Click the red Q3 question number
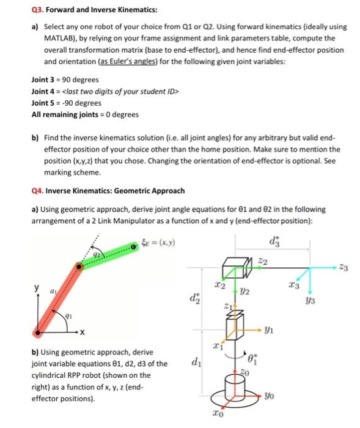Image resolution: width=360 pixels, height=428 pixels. pyautogui.click(x=37, y=10)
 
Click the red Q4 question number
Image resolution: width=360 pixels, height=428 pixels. pyautogui.click(x=37, y=191)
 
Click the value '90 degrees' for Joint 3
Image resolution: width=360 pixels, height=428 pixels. pyautogui.click(x=81, y=79)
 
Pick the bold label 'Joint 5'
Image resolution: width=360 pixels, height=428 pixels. pyautogui.click(x=43, y=103)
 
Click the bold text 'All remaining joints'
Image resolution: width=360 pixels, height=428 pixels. pyautogui.click(x=65, y=114)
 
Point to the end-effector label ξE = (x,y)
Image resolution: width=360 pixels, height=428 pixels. pyautogui.click(x=158, y=242)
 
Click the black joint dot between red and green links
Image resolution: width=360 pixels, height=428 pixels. pyautogui.click(x=79, y=267)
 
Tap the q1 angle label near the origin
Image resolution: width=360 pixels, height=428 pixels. pyautogui.click(x=68, y=316)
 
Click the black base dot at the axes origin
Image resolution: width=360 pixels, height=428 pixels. pyautogui.click(x=37, y=333)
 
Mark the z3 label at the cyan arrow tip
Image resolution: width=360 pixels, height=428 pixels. pyautogui.click(x=343, y=268)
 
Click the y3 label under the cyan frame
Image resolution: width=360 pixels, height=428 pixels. pyautogui.click(x=310, y=301)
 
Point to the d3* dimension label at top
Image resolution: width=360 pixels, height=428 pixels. pyautogui.click(x=274, y=242)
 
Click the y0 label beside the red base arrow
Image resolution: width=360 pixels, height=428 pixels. pyautogui.click(x=269, y=396)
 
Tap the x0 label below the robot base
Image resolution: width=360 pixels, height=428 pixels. pyautogui.click(x=218, y=413)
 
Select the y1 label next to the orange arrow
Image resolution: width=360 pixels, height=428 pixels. pyautogui.click(x=269, y=330)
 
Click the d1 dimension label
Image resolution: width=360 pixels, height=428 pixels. pyautogui.click(x=196, y=362)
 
